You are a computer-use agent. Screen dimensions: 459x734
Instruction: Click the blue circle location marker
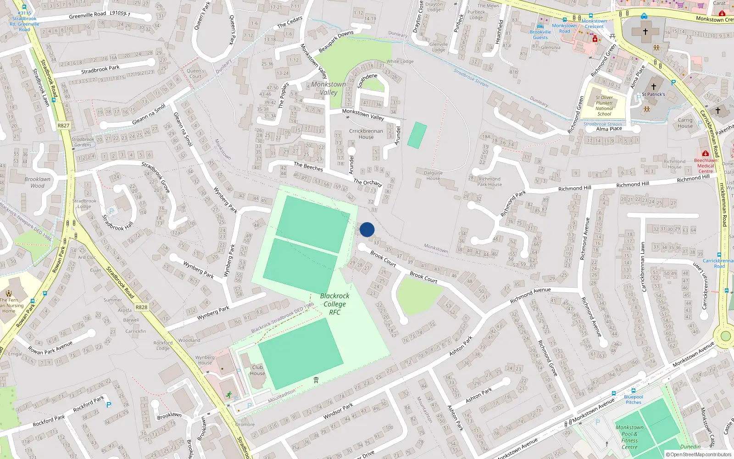(367, 229)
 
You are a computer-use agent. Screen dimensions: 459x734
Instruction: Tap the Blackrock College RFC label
(334, 304)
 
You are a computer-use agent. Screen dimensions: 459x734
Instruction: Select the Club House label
(257, 370)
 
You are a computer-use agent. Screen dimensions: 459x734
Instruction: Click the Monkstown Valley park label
(328, 88)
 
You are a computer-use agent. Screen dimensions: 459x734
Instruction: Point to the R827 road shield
(63, 125)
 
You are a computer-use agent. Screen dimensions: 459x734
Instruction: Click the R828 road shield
(141, 307)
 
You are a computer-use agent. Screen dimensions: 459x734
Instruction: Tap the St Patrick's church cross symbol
(654, 86)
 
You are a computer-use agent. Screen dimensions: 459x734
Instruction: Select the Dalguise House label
(433, 175)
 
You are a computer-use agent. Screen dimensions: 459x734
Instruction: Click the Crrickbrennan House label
(366, 134)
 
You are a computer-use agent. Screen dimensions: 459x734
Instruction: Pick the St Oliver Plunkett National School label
(604, 106)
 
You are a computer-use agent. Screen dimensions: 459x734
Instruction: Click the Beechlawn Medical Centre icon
(705, 153)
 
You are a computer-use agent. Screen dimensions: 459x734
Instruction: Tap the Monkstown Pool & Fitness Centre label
(629, 437)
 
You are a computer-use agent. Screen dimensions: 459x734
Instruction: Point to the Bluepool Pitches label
(634, 399)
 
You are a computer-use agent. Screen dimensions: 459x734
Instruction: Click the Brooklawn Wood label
(38, 182)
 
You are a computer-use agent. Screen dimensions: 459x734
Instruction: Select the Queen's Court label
(195, 73)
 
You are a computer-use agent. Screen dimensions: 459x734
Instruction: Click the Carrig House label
(685, 123)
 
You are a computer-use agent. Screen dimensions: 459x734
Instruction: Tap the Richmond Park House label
(489, 182)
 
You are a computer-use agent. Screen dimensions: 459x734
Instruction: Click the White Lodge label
(400, 62)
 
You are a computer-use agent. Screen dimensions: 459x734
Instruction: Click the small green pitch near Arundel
(417, 135)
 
